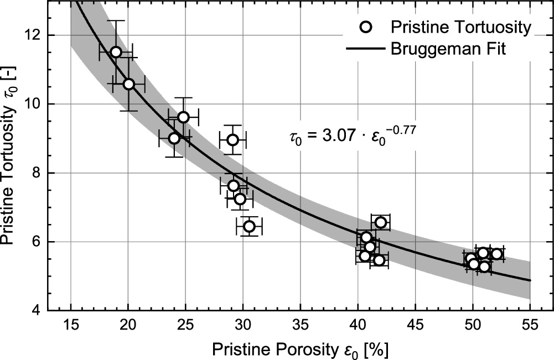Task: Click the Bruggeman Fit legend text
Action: pyautogui.click(x=448, y=49)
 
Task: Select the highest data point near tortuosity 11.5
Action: pyautogui.click(x=116, y=52)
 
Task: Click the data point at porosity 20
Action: pyautogui.click(x=128, y=84)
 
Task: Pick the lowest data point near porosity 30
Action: pyautogui.click(x=249, y=226)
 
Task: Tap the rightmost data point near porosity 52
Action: pyautogui.click(x=496, y=254)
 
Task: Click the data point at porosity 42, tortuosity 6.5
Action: pyautogui.click(x=380, y=222)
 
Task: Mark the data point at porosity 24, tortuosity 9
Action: pyautogui.click(x=174, y=138)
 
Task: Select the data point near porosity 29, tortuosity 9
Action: pyautogui.click(x=232, y=140)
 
